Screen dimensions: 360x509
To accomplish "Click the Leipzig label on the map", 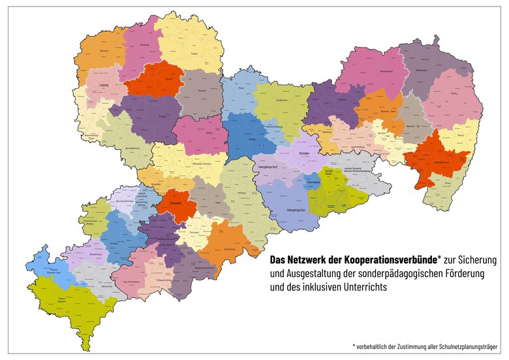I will click(x=103, y=85).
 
